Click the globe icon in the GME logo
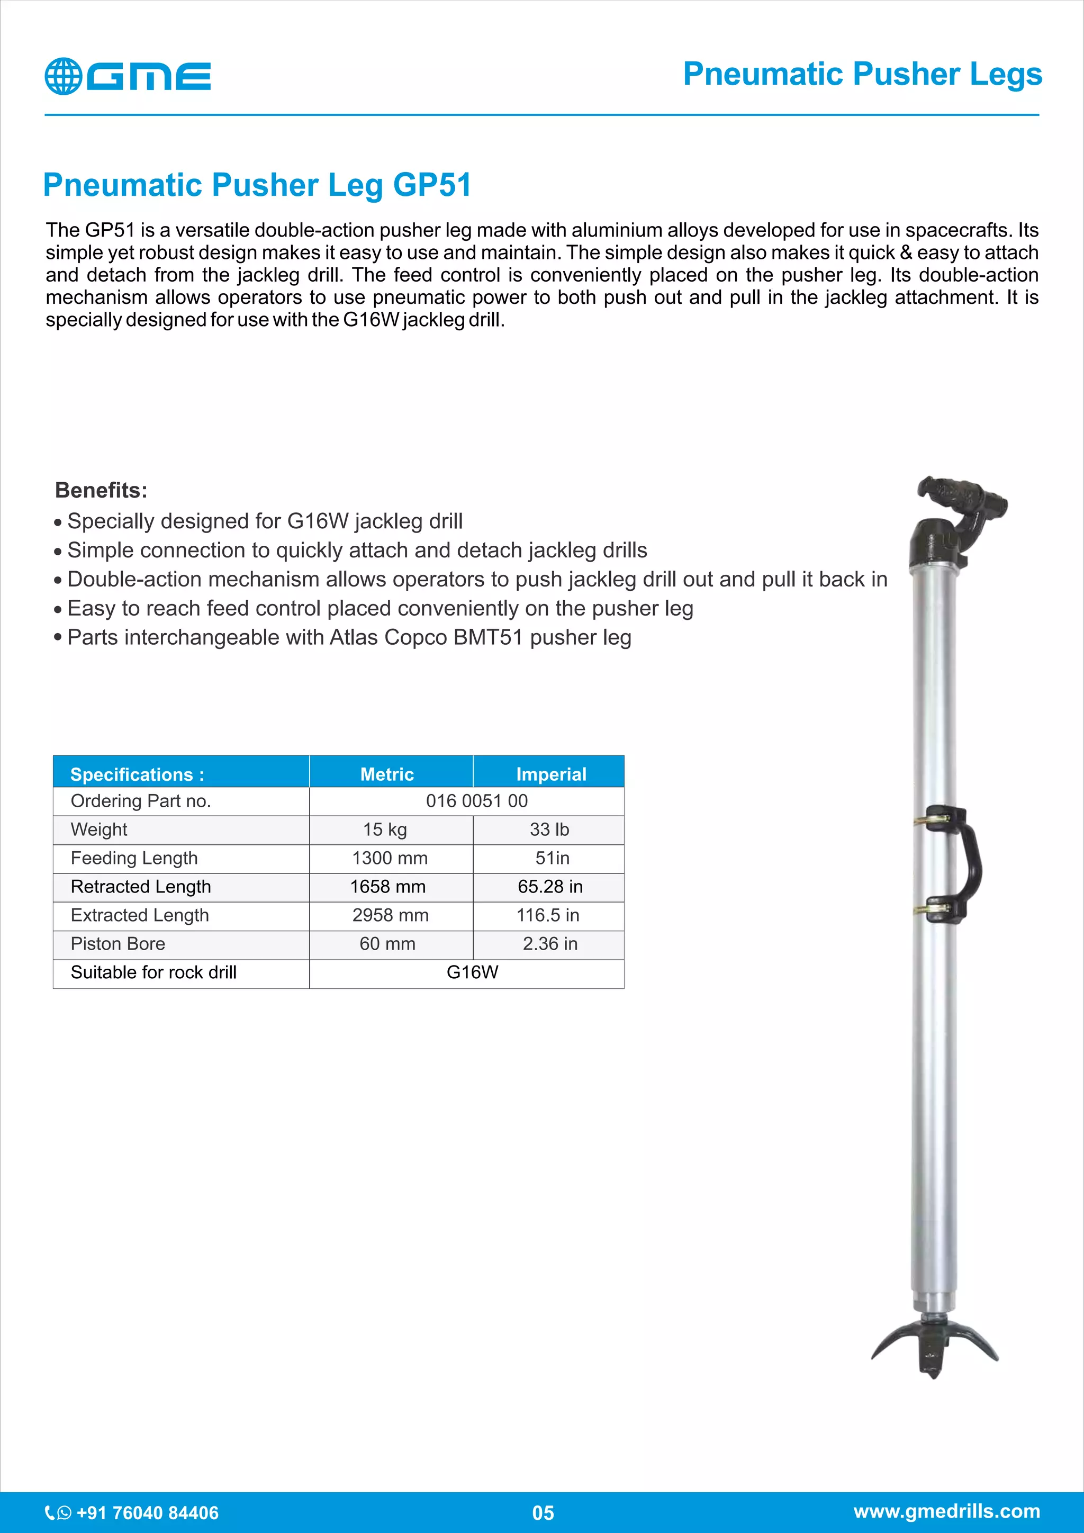(63, 76)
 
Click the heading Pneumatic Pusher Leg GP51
(257, 185)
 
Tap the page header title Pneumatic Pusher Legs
(862, 74)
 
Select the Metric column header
(387, 774)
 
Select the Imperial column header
(550, 774)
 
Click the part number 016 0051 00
(476, 800)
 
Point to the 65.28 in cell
(550, 886)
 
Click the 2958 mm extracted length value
(391, 915)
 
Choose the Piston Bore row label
(118, 943)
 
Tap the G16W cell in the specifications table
(472, 972)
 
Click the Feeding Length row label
(134, 858)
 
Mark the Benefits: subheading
(101, 490)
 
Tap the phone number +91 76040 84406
(147, 1512)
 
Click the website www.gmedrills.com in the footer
(946, 1511)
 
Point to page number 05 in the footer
(543, 1513)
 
